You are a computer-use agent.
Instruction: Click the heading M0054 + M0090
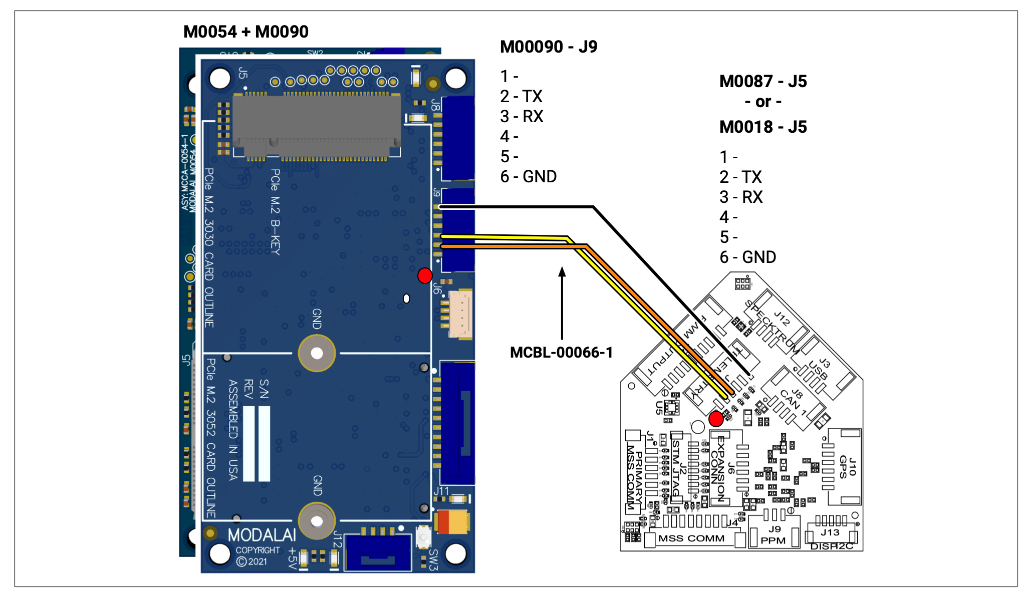(x=246, y=32)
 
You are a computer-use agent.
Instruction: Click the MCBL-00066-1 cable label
(x=561, y=353)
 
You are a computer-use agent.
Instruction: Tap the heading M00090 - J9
(x=549, y=47)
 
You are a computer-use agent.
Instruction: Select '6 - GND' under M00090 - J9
(x=529, y=177)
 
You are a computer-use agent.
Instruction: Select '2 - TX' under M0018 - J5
(x=740, y=177)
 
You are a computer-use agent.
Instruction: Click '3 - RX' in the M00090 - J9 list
(x=522, y=117)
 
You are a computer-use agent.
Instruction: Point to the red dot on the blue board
(x=425, y=275)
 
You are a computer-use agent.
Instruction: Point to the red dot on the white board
(x=716, y=419)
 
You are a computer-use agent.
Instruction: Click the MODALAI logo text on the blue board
(x=262, y=535)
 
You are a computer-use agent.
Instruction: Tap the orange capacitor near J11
(x=452, y=522)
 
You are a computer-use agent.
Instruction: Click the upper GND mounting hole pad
(x=317, y=354)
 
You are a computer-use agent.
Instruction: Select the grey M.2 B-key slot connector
(x=317, y=125)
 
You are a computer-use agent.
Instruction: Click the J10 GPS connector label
(x=848, y=467)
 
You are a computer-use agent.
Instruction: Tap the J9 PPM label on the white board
(x=774, y=535)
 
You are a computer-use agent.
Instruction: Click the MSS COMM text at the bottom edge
(x=691, y=538)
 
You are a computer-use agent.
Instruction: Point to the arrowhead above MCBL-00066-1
(x=562, y=272)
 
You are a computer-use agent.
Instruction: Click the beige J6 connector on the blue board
(x=460, y=314)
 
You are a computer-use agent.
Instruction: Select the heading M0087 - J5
(x=763, y=82)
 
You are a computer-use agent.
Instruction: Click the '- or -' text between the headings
(x=763, y=102)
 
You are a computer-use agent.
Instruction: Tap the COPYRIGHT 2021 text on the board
(x=258, y=556)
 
